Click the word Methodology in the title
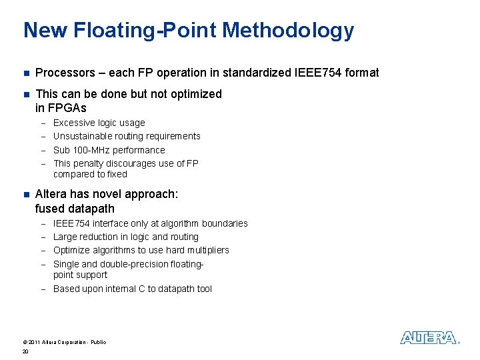tap(289, 30)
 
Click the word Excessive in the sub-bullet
tap(73, 123)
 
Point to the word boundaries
tap(225, 223)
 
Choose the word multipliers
tap(206, 250)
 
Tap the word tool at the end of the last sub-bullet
tap(204, 289)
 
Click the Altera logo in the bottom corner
tap(429, 338)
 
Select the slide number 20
tap(25, 351)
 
